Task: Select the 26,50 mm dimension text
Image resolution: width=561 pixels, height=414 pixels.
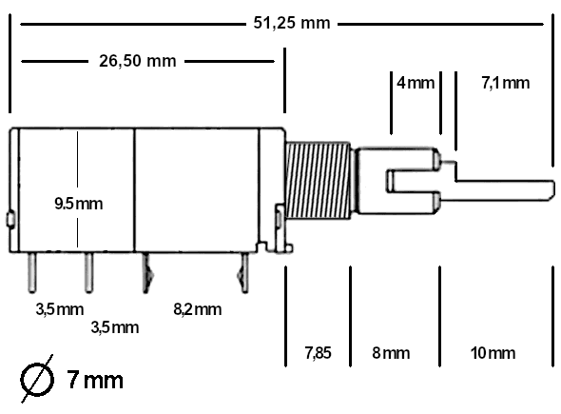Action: click(x=138, y=62)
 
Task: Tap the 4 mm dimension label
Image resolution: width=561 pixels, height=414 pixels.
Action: click(x=415, y=83)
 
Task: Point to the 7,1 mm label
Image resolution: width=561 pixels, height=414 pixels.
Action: click(x=505, y=83)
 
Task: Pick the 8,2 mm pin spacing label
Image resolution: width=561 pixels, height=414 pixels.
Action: click(x=198, y=308)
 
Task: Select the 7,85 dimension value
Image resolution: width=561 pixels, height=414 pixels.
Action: click(x=318, y=353)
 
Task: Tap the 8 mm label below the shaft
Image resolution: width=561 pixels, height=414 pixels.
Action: click(x=391, y=353)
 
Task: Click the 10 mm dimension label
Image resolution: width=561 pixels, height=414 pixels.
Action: click(x=493, y=353)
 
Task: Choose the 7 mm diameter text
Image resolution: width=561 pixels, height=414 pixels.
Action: click(x=95, y=381)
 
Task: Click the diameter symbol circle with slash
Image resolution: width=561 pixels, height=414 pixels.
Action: click(x=36, y=380)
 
